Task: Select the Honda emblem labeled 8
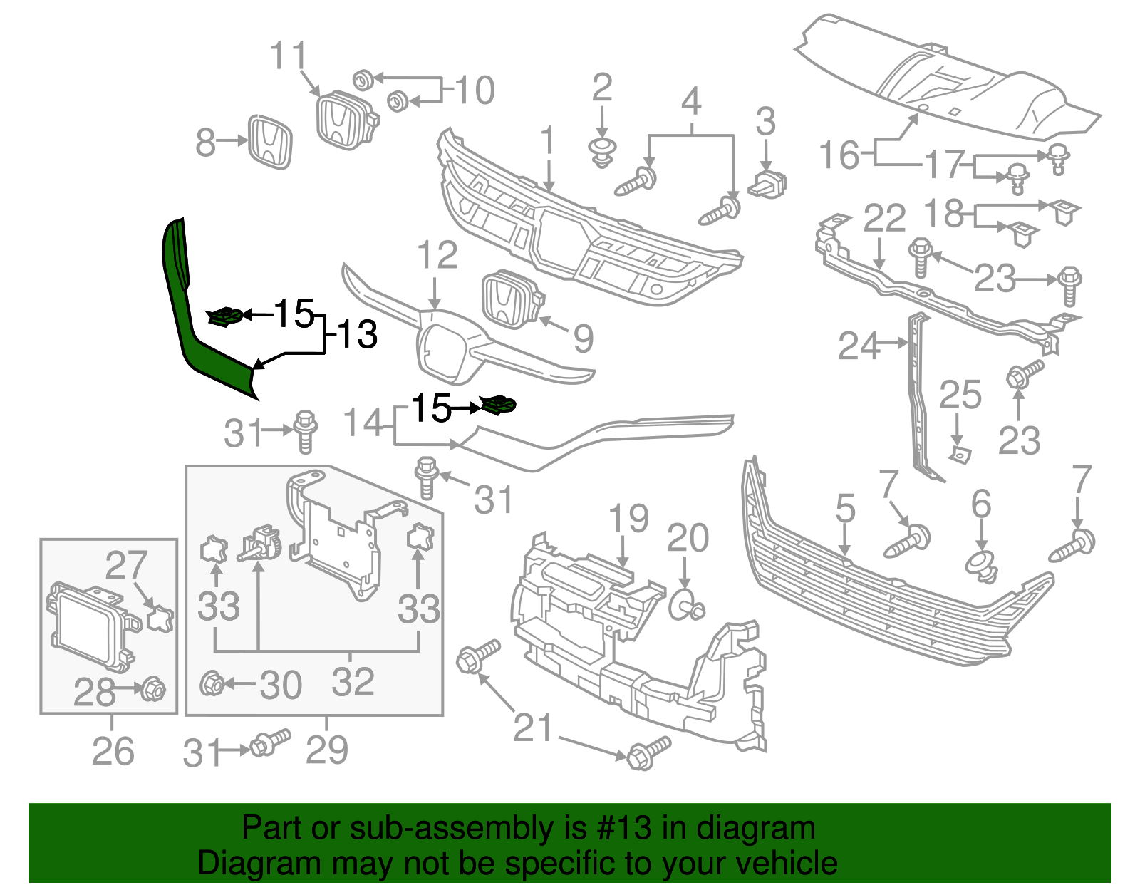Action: pyautogui.click(x=270, y=142)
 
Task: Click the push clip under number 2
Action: pyautogui.click(x=603, y=152)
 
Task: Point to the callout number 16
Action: pyautogui.click(x=839, y=155)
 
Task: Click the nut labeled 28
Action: pyautogui.click(x=152, y=689)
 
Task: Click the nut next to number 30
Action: pyautogui.click(x=212, y=685)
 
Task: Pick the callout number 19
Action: pyautogui.click(x=629, y=518)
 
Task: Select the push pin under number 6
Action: pyautogui.click(x=981, y=564)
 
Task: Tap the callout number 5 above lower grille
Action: pyautogui.click(x=845, y=508)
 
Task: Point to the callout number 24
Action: pyautogui.click(x=859, y=346)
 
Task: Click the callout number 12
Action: pyautogui.click(x=437, y=254)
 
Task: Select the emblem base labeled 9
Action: pyautogui.click(x=511, y=299)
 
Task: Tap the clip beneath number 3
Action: pyautogui.click(x=767, y=185)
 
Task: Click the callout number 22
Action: pyautogui.click(x=884, y=218)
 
